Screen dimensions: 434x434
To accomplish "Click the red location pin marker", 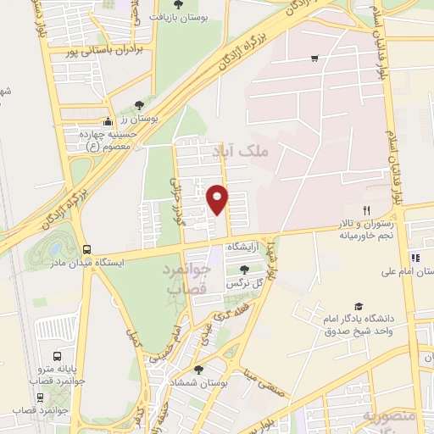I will coord(217,198).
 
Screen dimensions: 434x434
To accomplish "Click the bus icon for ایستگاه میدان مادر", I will coord(86,249).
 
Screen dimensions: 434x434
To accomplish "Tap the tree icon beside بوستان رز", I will coord(139,105).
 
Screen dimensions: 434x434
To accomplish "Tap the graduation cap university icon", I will coord(359,306).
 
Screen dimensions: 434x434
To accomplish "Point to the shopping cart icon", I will coord(314,58).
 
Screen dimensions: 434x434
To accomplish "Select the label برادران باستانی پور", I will coord(105,50).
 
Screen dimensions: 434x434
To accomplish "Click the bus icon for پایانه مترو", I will coord(58,357).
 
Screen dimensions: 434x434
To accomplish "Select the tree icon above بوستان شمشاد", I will coord(198,370).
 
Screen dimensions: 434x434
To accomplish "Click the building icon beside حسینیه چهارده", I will coord(107,123).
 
